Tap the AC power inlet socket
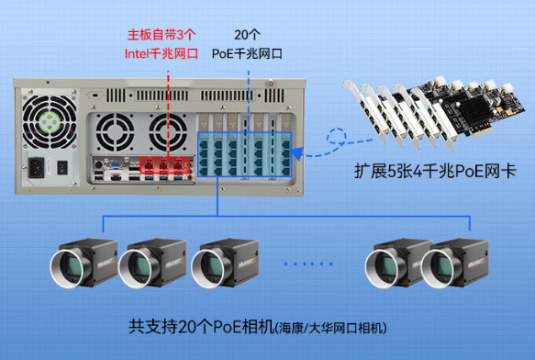coord(39,168)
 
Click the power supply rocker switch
coord(62,169)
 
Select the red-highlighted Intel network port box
coord(163,166)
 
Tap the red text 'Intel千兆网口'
coord(162,54)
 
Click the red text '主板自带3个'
coord(162,37)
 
